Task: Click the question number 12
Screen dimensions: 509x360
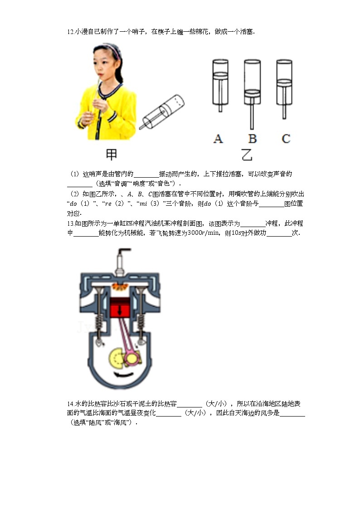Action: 70,32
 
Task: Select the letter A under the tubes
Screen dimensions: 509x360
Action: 218,138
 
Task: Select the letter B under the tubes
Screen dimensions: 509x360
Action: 252,138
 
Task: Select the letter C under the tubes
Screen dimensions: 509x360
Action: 286,138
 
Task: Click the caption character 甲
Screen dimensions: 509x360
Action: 112,155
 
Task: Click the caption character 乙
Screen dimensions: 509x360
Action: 247,155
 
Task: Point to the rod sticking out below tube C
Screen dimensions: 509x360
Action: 284,111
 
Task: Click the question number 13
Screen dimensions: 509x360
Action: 70,223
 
